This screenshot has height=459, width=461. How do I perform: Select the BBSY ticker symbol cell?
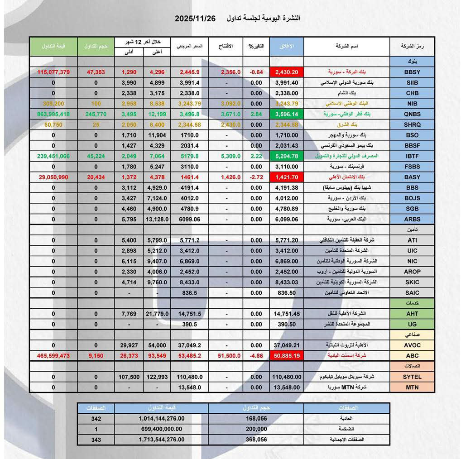[x=412, y=72]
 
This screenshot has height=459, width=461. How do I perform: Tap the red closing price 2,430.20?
[x=286, y=72]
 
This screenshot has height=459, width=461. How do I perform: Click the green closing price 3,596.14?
[x=286, y=114]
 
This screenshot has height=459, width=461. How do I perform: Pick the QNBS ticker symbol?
[x=412, y=114]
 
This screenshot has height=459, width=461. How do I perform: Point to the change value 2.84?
[x=256, y=114]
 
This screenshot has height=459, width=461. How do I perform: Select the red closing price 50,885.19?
[x=286, y=355]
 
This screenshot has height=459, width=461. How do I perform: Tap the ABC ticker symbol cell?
[x=412, y=355]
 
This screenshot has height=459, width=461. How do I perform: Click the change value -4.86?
[x=256, y=355]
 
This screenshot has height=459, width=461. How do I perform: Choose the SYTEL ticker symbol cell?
[x=412, y=377]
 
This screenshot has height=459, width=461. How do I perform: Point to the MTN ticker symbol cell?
[x=412, y=387]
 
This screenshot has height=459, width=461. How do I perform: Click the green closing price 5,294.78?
[x=286, y=156]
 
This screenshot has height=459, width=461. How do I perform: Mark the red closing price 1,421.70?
[x=286, y=177]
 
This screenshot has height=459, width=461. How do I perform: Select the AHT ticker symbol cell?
[x=412, y=313]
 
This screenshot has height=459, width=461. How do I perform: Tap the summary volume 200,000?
[x=255, y=429]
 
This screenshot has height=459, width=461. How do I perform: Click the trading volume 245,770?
[x=96, y=114]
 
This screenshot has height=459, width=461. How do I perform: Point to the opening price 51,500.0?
[x=229, y=355]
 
